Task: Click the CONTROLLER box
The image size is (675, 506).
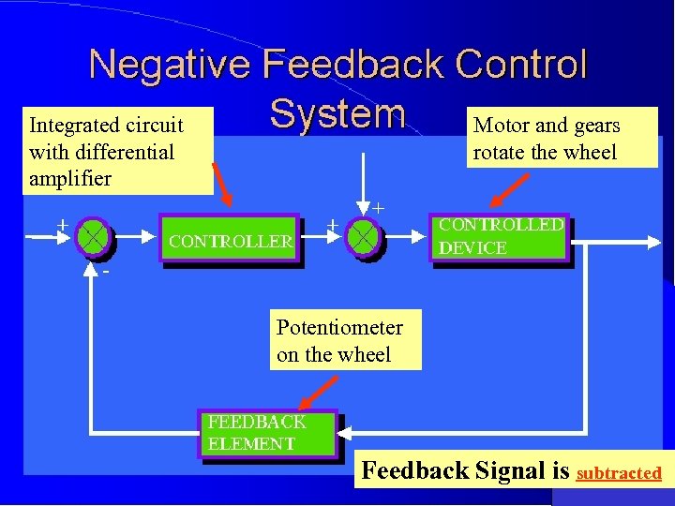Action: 231,241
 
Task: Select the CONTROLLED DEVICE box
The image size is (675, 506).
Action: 502,236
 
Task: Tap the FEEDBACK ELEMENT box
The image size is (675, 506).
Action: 266,433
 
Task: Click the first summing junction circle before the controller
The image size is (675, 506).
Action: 93,237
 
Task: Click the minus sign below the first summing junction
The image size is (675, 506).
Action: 106,272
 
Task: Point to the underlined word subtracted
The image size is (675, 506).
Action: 619,473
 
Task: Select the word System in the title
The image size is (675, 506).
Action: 337,114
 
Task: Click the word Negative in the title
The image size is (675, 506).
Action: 169,66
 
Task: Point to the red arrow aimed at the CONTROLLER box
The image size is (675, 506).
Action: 223,184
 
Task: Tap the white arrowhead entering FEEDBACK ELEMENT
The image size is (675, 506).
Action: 345,434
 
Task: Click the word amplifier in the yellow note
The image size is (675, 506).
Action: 70,178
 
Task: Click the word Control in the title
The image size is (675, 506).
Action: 520,66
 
